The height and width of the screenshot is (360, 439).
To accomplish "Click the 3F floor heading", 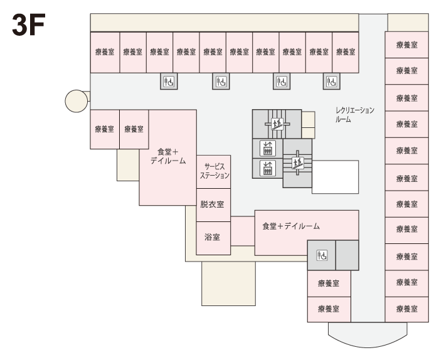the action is click(x=29, y=25).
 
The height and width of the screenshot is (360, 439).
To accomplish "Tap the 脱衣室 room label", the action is click(x=212, y=204).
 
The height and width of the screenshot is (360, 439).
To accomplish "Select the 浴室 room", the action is click(x=213, y=238).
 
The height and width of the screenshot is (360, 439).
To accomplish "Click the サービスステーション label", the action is click(x=214, y=171).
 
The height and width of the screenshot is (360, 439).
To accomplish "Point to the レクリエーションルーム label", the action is click(x=355, y=115).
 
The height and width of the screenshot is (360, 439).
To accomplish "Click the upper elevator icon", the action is click(x=268, y=148).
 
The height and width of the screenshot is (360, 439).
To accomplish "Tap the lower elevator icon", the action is click(x=268, y=168).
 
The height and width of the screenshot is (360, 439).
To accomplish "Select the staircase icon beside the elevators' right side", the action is click(x=297, y=163).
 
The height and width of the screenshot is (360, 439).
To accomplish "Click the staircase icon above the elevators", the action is click(x=277, y=124).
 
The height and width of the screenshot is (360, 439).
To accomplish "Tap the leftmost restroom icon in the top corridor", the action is click(x=169, y=82).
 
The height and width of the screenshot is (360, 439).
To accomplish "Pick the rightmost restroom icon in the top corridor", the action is click(x=332, y=82).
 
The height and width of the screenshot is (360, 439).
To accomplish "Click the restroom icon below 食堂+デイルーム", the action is click(x=322, y=255).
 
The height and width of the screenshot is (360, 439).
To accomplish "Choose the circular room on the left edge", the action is click(x=76, y=101).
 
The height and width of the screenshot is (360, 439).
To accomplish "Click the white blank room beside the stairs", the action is click(x=335, y=177).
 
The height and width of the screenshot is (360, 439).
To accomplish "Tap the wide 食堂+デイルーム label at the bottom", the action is click(x=291, y=226).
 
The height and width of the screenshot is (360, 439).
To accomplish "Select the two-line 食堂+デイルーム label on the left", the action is click(x=168, y=157).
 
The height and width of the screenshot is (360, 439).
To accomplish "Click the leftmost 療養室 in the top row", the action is click(x=105, y=53).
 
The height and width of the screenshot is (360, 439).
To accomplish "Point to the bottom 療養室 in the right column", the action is click(x=407, y=309).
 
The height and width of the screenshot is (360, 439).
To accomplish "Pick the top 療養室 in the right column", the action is click(x=407, y=45).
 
